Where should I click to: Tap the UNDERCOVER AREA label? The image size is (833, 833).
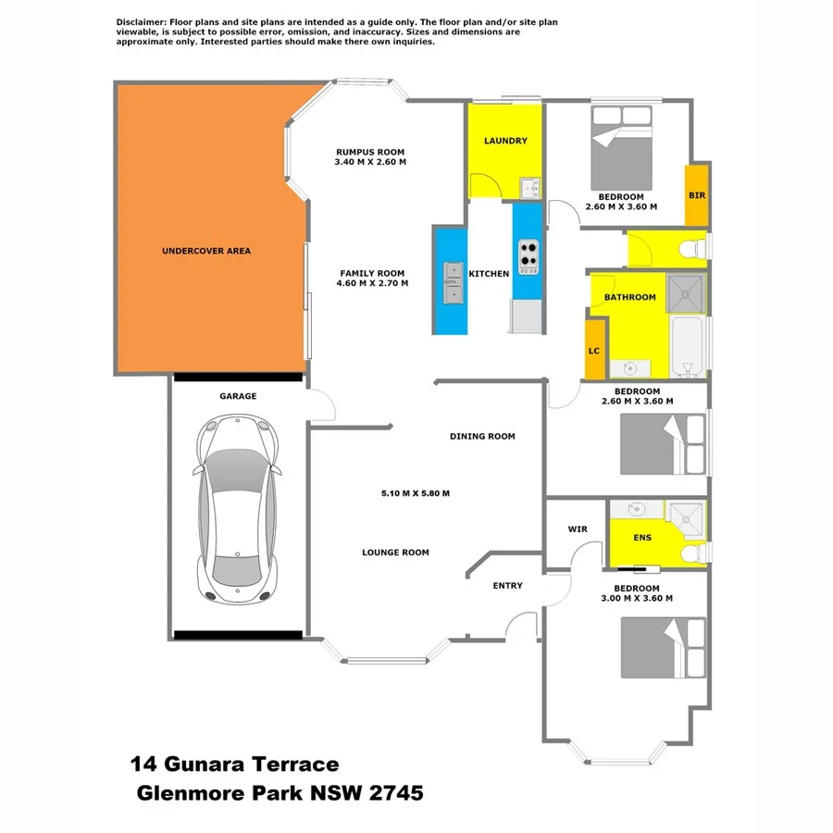coord(205,251)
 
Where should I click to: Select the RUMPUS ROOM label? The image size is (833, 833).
coord(370,152)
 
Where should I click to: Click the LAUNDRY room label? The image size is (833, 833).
coord(505,141)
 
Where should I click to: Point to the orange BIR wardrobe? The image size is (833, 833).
coord(696,195)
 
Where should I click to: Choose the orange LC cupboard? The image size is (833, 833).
coord(595,351)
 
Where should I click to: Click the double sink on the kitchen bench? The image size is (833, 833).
coord(453,282)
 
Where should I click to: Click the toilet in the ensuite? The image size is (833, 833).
coord(690,553)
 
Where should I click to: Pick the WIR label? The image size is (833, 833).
coord(578,528)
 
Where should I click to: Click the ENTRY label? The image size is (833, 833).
coord(507,585)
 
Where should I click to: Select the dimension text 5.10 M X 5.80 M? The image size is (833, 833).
coord(416,493)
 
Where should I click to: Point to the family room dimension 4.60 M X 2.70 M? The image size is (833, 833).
coord(372,283)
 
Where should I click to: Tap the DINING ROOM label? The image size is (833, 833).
coord(482,436)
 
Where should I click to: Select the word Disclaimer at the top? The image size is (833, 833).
coord(141,21)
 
